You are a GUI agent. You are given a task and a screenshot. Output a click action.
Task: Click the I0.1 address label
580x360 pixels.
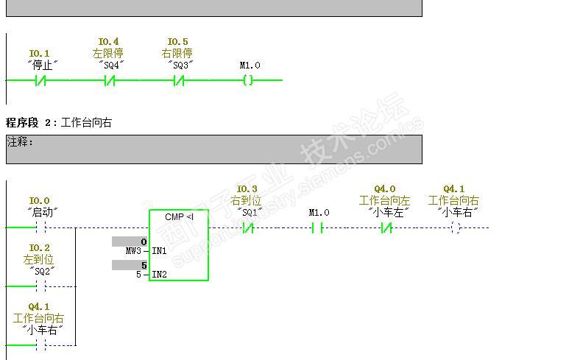pos(40,53)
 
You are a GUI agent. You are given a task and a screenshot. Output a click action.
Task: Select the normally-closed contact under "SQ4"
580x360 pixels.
pos(109,80)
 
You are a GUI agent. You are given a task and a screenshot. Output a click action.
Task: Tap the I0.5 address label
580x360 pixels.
pos(177,42)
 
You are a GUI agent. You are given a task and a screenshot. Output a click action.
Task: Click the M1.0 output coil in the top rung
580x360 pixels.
pos(248,80)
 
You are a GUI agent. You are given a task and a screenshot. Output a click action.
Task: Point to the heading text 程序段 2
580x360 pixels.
pos(31,122)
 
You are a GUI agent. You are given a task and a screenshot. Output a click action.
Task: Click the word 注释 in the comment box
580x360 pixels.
pos(20,141)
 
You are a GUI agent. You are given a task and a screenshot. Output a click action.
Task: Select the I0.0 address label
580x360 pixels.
pos(40,200)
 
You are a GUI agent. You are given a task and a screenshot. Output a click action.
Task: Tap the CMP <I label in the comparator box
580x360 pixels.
pos(179,216)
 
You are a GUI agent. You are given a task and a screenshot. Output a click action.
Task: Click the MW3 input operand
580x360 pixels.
pos(135,251)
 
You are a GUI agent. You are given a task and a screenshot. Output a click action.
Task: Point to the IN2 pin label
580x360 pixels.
pos(159,275)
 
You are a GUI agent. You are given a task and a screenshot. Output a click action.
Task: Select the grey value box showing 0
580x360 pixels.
pos(130,241)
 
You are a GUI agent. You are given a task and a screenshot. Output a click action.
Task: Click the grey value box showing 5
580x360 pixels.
pos(130,265)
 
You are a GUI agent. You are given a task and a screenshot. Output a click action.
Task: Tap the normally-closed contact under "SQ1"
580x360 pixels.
pos(248,227)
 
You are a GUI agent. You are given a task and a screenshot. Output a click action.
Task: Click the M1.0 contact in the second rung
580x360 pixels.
pos(317,227)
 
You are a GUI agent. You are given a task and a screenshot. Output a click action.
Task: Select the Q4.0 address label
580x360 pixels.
pos(384,189)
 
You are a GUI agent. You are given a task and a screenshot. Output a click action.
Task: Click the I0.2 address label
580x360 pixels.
pos(40,248)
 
